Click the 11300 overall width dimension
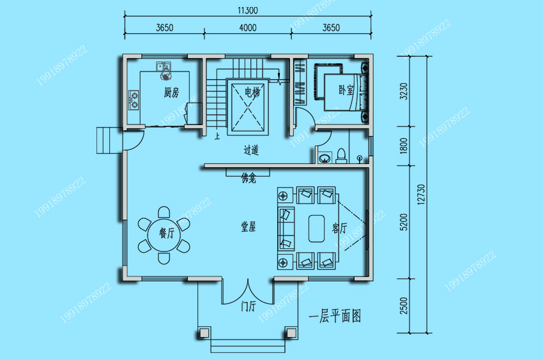(248, 10)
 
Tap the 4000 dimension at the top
(248, 27)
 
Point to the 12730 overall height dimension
(421, 195)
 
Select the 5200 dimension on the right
(404, 222)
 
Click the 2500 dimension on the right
(404, 306)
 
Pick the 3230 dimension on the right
(404, 91)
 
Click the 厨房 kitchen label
(171, 93)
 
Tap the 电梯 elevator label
(252, 92)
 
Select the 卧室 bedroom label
(346, 90)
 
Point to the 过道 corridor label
(251, 150)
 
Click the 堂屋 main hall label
(249, 227)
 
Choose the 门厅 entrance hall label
(249, 306)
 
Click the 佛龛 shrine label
(249, 178)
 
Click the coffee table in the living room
(316, 229)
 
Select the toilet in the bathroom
(341, 156)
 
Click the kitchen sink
(164, 66)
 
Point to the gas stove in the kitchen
(134, 100)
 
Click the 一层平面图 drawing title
(335, 316)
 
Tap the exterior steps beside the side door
(109, 140)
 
